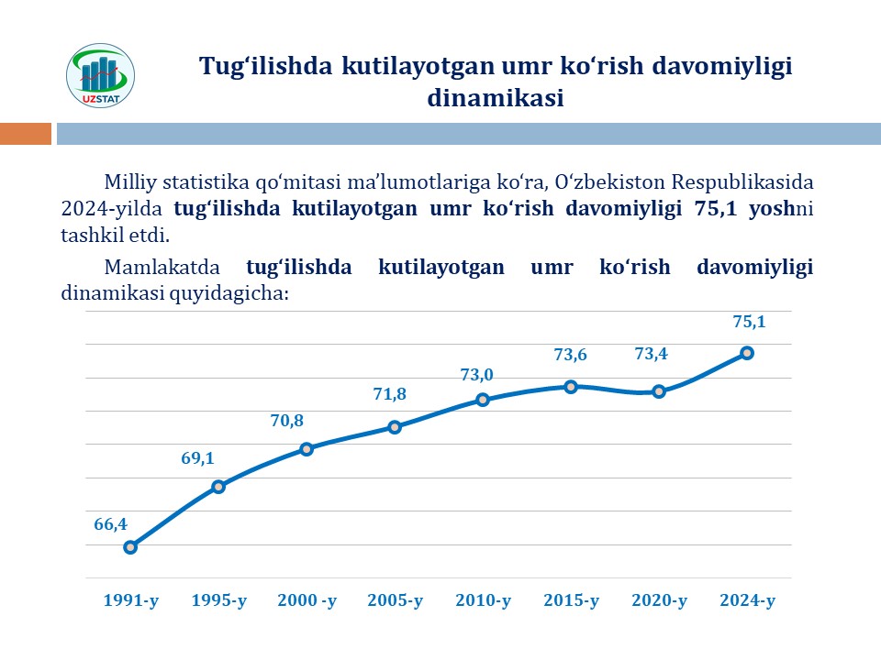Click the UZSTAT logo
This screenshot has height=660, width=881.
[101, 74]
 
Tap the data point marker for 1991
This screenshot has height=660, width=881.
[130, 547]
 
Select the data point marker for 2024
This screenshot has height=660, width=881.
[747, 353]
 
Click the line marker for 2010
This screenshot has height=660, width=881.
[483, 400]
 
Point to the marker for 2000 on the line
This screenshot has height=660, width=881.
[307, 449]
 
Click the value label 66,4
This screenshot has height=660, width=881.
[110, 524]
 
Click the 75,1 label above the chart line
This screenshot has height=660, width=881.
[749, 322]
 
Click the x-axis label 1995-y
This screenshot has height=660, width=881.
[218, 601]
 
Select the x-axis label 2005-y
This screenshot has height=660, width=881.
[395, 601]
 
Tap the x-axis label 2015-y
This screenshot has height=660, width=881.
[571, 601]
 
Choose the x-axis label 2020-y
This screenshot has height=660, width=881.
[659, 601]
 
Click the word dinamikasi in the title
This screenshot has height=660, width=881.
[495, 97]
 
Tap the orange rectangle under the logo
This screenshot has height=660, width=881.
[26, 134]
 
